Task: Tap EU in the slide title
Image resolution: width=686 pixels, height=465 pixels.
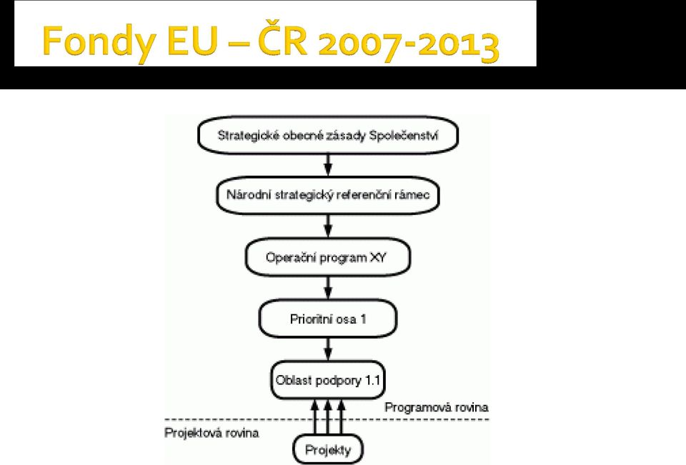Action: (192, 41)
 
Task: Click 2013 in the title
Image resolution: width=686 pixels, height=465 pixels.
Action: (457, 44)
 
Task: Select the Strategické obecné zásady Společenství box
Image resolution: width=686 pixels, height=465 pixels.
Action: (328, 135)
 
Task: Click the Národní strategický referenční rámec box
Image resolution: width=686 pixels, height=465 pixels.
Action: (328, 195)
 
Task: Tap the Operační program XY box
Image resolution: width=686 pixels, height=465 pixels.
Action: (328, 257)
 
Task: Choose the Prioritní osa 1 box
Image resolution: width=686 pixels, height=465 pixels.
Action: (328, 319)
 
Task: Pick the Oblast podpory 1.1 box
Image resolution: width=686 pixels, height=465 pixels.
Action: (328, 380)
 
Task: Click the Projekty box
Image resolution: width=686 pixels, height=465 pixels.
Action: (328, 449)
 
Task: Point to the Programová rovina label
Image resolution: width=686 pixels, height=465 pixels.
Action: (436, 408)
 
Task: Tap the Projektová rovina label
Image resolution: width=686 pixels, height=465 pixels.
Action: (212, 433)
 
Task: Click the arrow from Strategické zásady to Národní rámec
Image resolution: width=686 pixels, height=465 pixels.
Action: (328, 165)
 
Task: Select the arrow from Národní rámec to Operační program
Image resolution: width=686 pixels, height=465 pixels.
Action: (328, 226)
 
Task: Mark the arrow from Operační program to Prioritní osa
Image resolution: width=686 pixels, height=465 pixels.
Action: (328, 288)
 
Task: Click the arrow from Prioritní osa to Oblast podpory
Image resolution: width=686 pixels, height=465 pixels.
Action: (328, 349)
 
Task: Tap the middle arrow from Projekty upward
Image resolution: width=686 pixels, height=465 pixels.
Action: (328, 417)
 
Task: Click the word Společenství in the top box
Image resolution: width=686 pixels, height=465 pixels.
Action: (403, 136)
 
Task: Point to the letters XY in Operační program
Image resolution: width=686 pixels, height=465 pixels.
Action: (379, 257)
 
